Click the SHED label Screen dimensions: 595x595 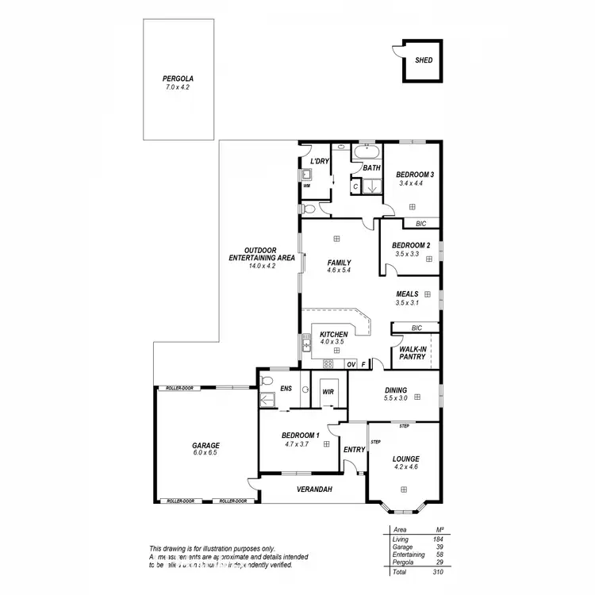424,59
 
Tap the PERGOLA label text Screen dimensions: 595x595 178,79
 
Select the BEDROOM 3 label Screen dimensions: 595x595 415,175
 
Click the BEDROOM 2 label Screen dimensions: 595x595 411,246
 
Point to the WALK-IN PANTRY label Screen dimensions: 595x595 413,353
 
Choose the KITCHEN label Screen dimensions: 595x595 334,335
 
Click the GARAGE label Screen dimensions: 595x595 205,445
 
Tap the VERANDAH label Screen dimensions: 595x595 315,489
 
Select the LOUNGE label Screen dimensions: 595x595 405,459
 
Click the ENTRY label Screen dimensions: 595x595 354,450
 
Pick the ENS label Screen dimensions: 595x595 286,389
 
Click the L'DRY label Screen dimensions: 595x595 320,162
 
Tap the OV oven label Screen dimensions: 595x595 351,364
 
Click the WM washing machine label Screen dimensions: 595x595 306,186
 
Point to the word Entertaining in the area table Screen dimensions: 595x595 409,555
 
